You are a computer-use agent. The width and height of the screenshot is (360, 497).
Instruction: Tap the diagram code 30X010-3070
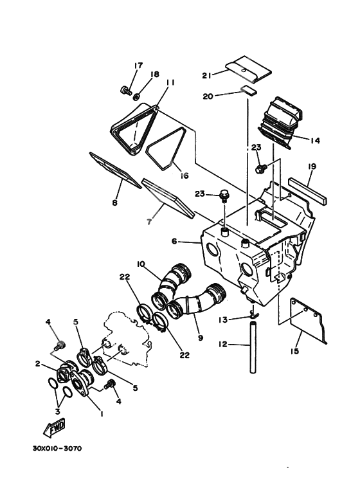point(57,449)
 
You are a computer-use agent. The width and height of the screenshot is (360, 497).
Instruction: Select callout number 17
point(138,66)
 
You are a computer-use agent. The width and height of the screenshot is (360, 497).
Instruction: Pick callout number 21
point(206,75)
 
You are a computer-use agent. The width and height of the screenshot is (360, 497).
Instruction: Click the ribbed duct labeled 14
point(280,122)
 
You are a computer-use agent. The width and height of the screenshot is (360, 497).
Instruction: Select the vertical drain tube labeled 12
point(253,347)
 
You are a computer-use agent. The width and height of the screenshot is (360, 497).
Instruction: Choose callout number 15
point(295,351)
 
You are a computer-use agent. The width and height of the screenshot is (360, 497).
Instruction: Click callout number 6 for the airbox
point(174,241)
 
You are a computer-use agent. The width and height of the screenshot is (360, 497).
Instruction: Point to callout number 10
point(141,264)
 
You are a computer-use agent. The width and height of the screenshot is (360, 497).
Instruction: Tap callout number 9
point(201,338)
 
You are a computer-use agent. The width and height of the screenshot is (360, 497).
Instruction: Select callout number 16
point(184,176)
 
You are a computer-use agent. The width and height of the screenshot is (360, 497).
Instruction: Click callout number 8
point(114,203)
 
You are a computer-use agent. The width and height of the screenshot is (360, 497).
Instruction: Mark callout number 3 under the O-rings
point(57,411)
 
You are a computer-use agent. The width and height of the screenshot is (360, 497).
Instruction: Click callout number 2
point(38,364)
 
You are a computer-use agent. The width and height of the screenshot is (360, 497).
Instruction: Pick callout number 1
point(102,413)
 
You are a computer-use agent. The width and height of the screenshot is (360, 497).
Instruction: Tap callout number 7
point(149,222)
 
